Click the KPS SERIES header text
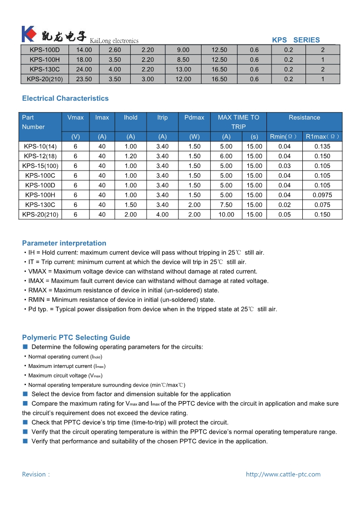click(x=296, y=40)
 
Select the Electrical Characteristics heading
click(x=65, y=98)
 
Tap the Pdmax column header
click(x=194, y=117)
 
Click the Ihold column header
click(x=130, y=117)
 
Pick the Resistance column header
click(x=304, y=117)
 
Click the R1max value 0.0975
click(x=322, y=195)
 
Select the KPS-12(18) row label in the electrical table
click(x=40, y=156)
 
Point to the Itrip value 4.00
click(x=162, y=215)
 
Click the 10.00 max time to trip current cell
click(x=226, y=215)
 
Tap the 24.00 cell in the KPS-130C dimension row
click(x=84, y=69)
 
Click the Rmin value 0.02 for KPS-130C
click(x=285, y=205)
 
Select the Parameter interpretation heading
click(x=64, y=243)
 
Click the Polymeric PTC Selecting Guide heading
click(x=76, y=338)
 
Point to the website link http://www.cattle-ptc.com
click(x=283, y=475)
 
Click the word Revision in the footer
click(x=34, y=475)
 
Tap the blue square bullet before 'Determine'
click(x=25, y=347)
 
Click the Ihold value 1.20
click(x=130, y=156)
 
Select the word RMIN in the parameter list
click(x=36, y=300)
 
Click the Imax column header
click(x=102, y=117)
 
